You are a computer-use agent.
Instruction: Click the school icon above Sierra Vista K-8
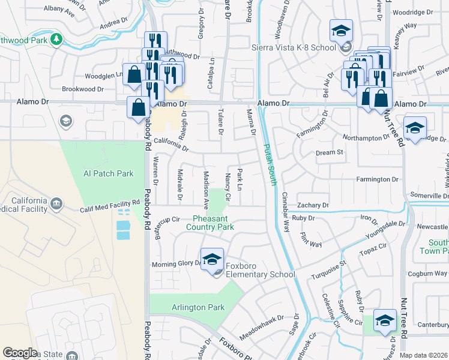point(341,31)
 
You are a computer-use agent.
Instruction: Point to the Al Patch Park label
point(108,173)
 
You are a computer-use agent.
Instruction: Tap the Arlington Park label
point(197,308)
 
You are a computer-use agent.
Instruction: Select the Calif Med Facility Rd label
point(110,207)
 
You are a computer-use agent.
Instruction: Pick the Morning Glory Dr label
point(178,264)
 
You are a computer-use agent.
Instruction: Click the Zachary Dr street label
point(312,205)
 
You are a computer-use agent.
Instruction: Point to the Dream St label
point(329,153)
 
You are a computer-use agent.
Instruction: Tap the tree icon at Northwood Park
point(56,39)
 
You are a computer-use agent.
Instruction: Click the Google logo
point(20,353)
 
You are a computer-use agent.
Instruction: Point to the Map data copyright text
point(423,355)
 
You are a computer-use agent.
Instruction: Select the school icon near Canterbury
point(384,320)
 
